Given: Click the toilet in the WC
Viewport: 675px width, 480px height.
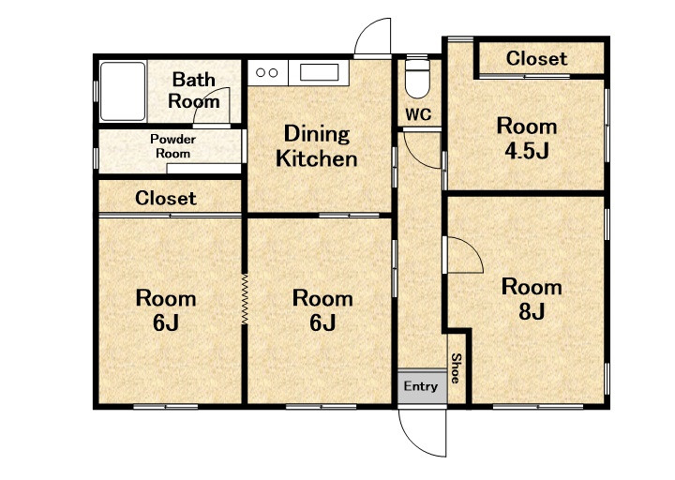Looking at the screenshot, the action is (417, 78).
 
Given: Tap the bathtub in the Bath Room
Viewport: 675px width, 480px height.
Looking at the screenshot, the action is (123, 91).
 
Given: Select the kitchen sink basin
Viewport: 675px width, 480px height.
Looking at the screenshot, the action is (319, 72).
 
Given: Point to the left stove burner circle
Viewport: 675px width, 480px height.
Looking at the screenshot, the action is (260, 73).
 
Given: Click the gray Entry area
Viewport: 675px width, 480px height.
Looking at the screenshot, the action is (422, 386).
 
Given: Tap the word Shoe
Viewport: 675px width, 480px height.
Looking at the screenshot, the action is (456, 368).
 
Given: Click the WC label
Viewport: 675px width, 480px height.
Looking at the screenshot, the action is (418, 115).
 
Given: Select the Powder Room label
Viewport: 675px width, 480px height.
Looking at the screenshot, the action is (172, 146).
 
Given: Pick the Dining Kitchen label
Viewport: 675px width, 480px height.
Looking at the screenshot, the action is (317, 146).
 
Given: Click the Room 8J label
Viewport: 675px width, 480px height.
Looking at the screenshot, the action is (532, 299).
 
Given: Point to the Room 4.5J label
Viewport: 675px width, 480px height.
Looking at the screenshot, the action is (527, 138).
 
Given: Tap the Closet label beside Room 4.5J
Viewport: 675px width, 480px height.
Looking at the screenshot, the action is (536, 58).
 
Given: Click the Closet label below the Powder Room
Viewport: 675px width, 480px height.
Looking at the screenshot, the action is (166, 198).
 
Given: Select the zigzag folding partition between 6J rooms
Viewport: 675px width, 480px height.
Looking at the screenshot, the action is (245, 299).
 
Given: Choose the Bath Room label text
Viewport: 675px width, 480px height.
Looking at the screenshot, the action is (194, 90).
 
